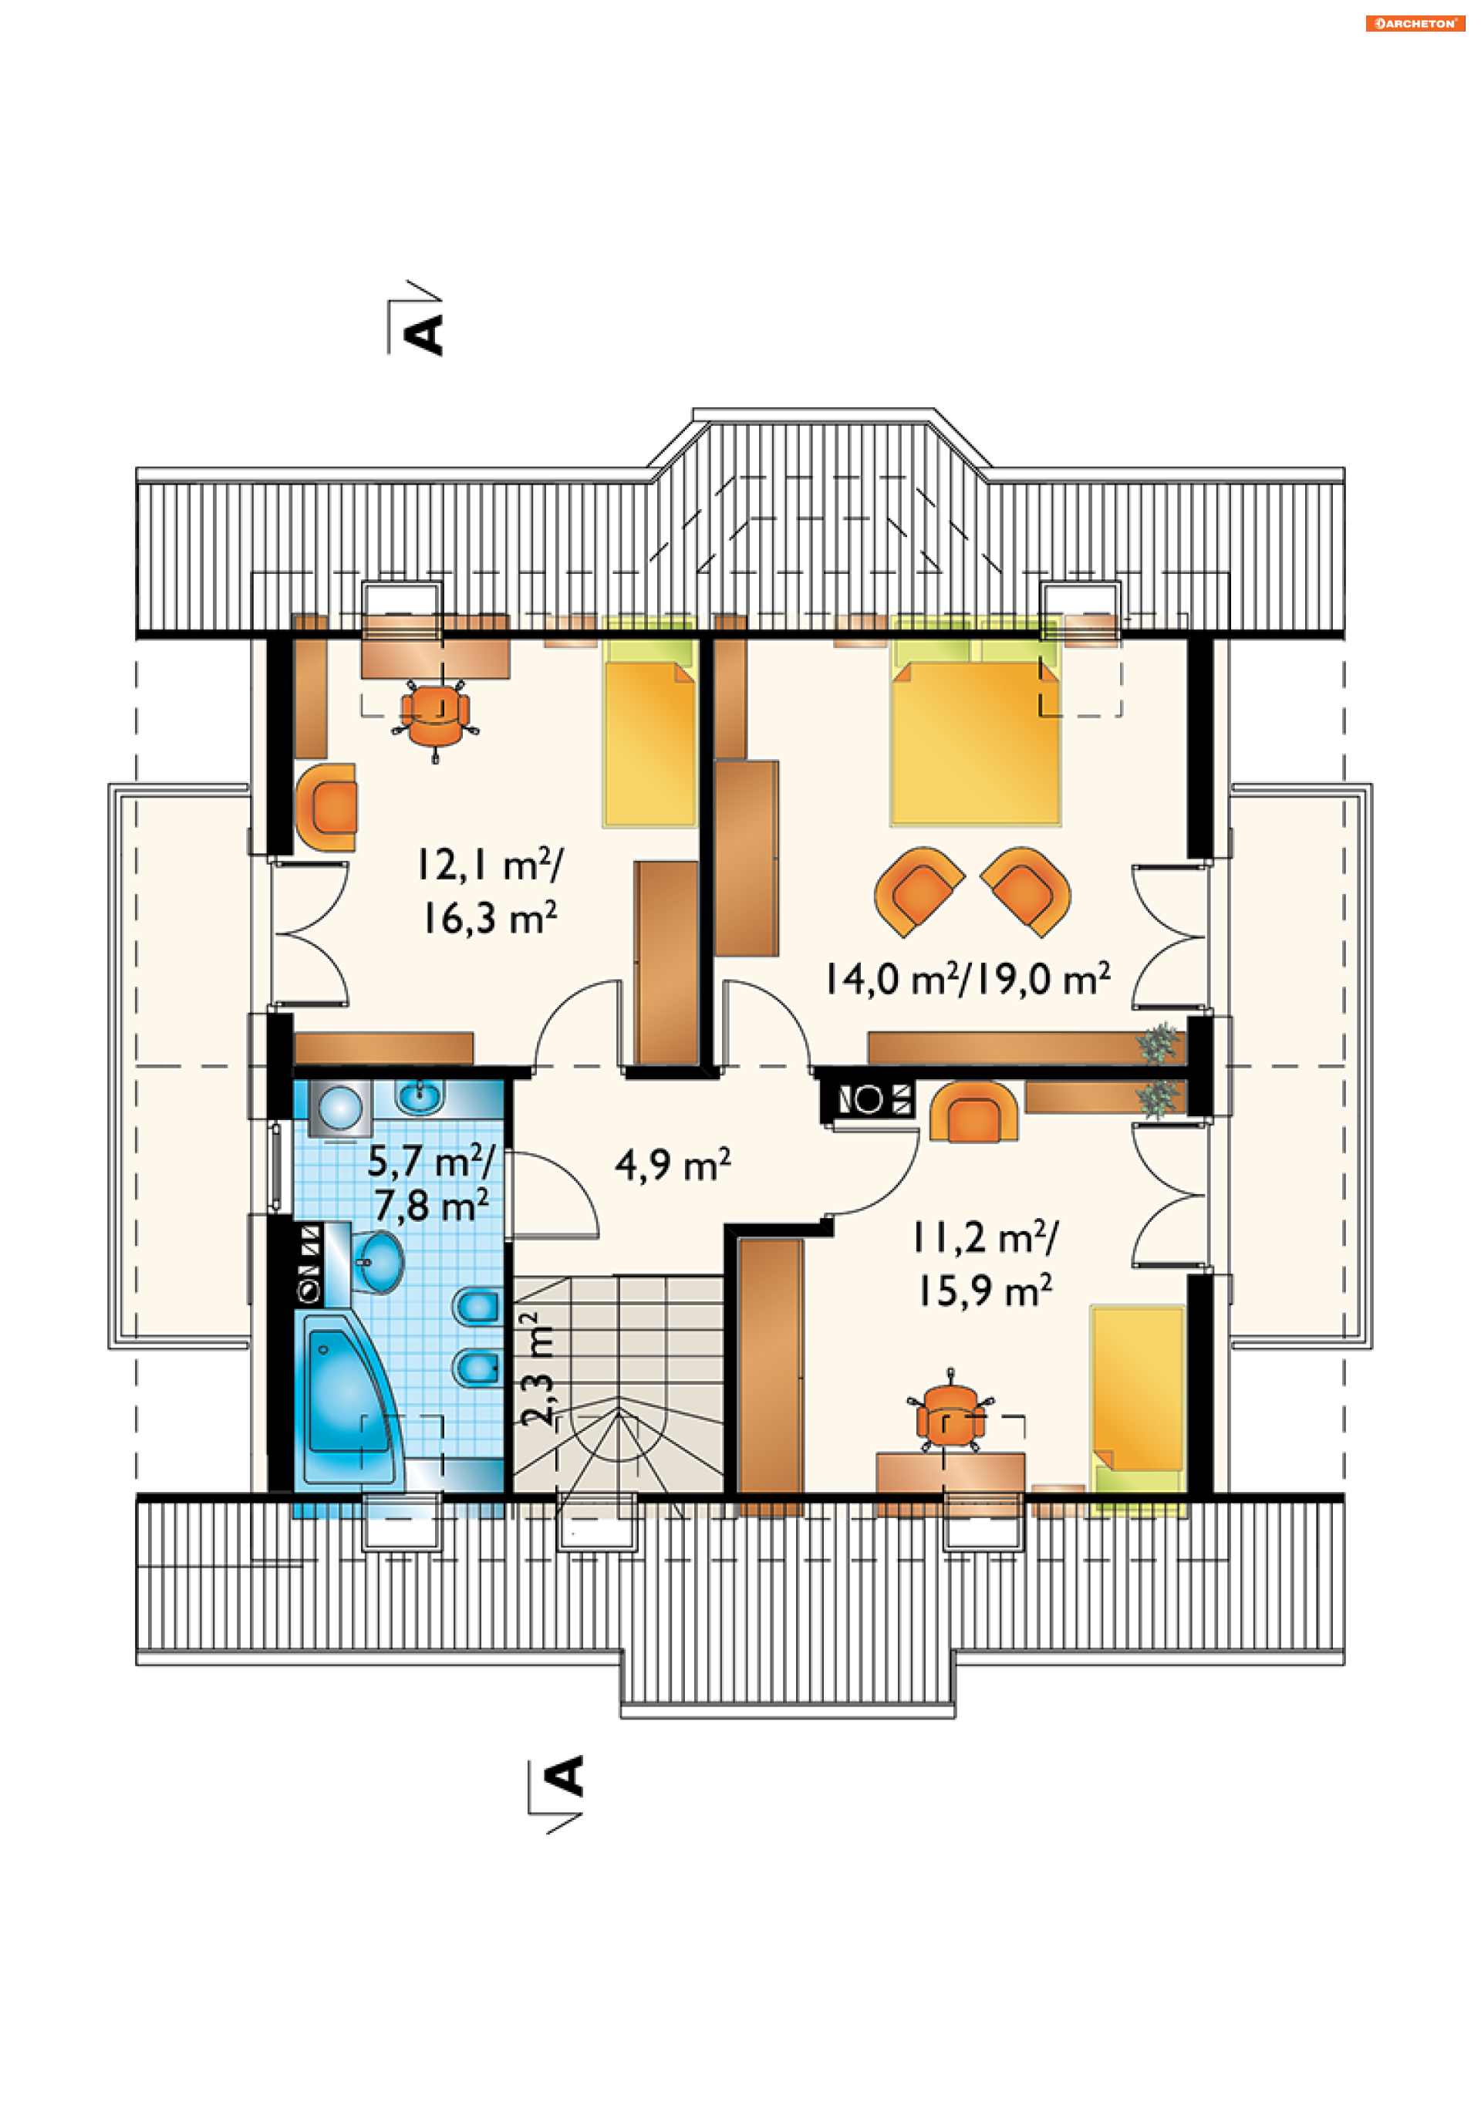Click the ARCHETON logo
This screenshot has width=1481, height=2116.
pyautogui.click(x=1415, y=23)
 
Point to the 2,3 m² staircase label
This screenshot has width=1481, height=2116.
pyautogui.click(x=536, y=1370)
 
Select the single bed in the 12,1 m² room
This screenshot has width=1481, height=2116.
pyautogui.click(x=649, y=721)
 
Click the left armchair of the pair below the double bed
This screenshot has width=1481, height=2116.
pyautogui.click(x=918, y=891)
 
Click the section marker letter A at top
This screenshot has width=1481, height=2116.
pyautogui.click(x=426, y=335)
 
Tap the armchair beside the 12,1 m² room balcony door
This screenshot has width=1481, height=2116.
pyautogui.click(x=326, y=806)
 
